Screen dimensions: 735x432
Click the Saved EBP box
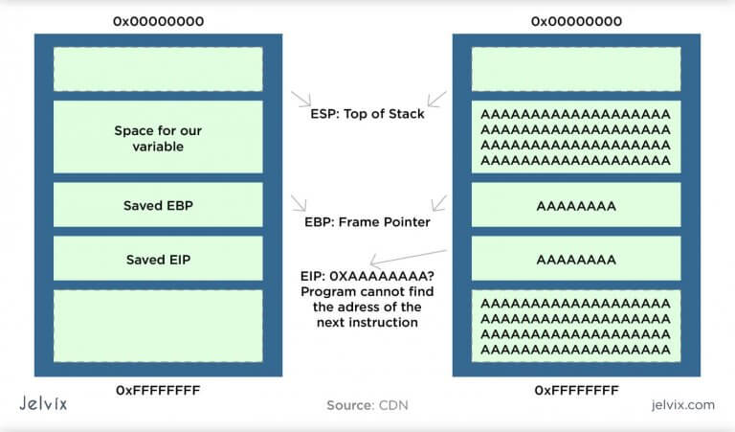click(158, 205)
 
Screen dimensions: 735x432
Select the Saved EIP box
click(158, 259)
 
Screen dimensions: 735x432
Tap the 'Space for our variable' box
click(158, 137)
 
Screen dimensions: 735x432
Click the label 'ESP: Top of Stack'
click(367, 114)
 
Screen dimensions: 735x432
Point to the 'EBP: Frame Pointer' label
click(367, 222)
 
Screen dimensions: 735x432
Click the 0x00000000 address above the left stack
click(159, 21)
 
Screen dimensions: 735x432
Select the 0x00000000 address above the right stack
click(576, 21)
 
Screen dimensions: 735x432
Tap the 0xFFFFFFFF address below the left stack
click(158, 390)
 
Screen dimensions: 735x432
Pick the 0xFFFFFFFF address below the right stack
click(576, 390)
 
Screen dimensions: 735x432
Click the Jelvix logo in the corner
click(43, 403)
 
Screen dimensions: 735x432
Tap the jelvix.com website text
click(683, 405)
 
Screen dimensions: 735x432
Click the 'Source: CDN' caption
click(367, 405)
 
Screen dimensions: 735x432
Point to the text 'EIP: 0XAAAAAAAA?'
click(367, 276)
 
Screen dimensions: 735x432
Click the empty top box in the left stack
click(158, 69)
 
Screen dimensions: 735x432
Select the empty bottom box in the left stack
click(158, 326)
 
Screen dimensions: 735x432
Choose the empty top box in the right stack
click(576, 69)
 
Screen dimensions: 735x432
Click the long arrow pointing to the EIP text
click(409, 258)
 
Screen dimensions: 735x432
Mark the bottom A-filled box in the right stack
click(576, 326)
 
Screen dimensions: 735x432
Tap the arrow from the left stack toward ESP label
click(301, 99)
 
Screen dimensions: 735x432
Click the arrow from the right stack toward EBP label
click(438, 203)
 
